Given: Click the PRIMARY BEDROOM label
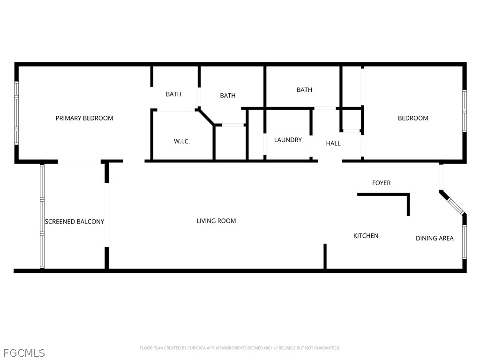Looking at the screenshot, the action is point(84,118).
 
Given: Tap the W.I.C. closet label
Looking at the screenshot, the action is point(182,142).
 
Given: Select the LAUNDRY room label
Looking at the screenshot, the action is point(288,140).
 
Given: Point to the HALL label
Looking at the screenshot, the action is point(333,143).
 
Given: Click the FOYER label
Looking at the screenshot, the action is point(381,183).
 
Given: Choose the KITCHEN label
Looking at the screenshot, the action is point(366,236).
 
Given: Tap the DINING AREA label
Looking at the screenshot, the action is point(435,238).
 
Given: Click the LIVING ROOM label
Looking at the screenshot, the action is point(216,221).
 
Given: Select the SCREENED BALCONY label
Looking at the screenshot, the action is point(75,222).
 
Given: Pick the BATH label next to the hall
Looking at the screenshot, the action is point(304,90).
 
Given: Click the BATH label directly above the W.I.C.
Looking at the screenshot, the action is point(173,94).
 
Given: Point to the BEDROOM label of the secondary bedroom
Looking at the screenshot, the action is point(413,118).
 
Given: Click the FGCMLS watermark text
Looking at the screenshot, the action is point(24,353).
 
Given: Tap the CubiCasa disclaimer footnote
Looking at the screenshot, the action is point(240,348).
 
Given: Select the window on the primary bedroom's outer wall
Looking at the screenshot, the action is point(16,112).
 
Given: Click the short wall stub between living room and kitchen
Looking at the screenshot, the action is point(325,256).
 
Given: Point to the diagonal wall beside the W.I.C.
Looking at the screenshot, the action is point(206,117).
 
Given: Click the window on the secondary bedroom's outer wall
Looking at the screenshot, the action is point(465,111).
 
